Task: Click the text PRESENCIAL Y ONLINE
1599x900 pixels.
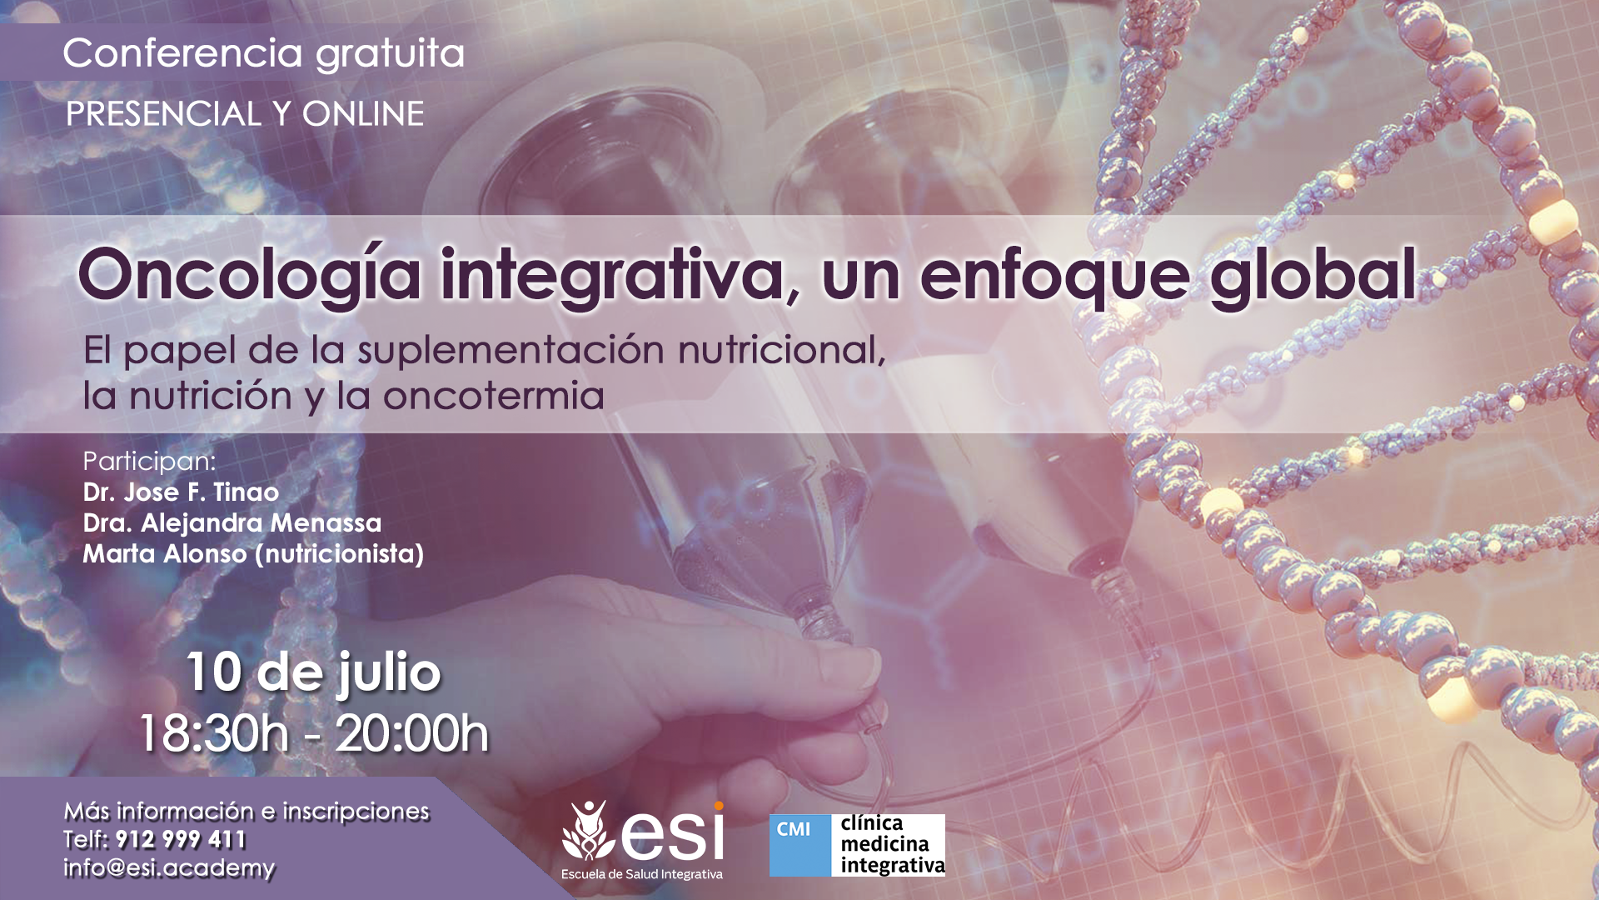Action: pos(245,113)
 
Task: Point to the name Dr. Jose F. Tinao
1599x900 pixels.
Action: pos(181,492)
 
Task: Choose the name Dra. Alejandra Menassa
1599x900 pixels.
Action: pos(232,522)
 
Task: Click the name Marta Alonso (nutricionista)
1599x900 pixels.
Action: pos(253,554)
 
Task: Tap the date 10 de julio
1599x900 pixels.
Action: pos(313,672)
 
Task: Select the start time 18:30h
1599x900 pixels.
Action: pos(213,733)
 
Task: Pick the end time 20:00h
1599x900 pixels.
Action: pos(411,733)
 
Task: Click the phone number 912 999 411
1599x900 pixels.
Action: pos(181,839)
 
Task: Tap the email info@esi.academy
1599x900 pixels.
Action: pos(169,867)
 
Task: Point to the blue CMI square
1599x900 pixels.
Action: pos(799,845)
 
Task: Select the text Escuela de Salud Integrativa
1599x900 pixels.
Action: pos(642,874)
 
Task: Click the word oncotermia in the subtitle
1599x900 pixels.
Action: pos(493,396)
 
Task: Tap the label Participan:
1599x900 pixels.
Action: pos(149,461)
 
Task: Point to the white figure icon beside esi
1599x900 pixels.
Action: pos(589,831)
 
